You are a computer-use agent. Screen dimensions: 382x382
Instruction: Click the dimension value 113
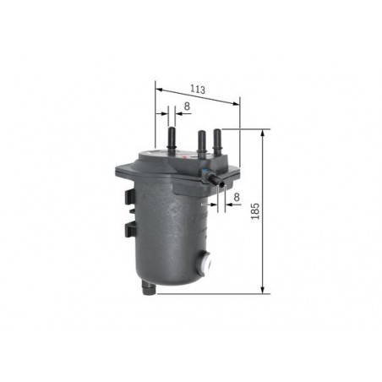(198, 90)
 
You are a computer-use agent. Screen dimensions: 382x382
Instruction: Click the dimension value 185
(255, 211)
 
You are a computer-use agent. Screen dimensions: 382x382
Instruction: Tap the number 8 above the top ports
(187, 106)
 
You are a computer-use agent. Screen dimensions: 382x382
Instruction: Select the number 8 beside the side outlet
(237, 197)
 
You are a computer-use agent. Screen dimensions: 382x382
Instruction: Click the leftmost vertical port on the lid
(172, 140)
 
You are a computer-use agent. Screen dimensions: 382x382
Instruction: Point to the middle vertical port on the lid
(201, 142)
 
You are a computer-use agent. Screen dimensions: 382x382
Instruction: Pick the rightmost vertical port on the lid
(217, 142)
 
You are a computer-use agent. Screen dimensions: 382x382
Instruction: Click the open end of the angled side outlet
(221, 183)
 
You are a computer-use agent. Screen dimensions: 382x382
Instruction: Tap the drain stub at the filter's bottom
(149, 287)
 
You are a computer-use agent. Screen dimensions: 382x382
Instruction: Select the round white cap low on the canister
(206, 263)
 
